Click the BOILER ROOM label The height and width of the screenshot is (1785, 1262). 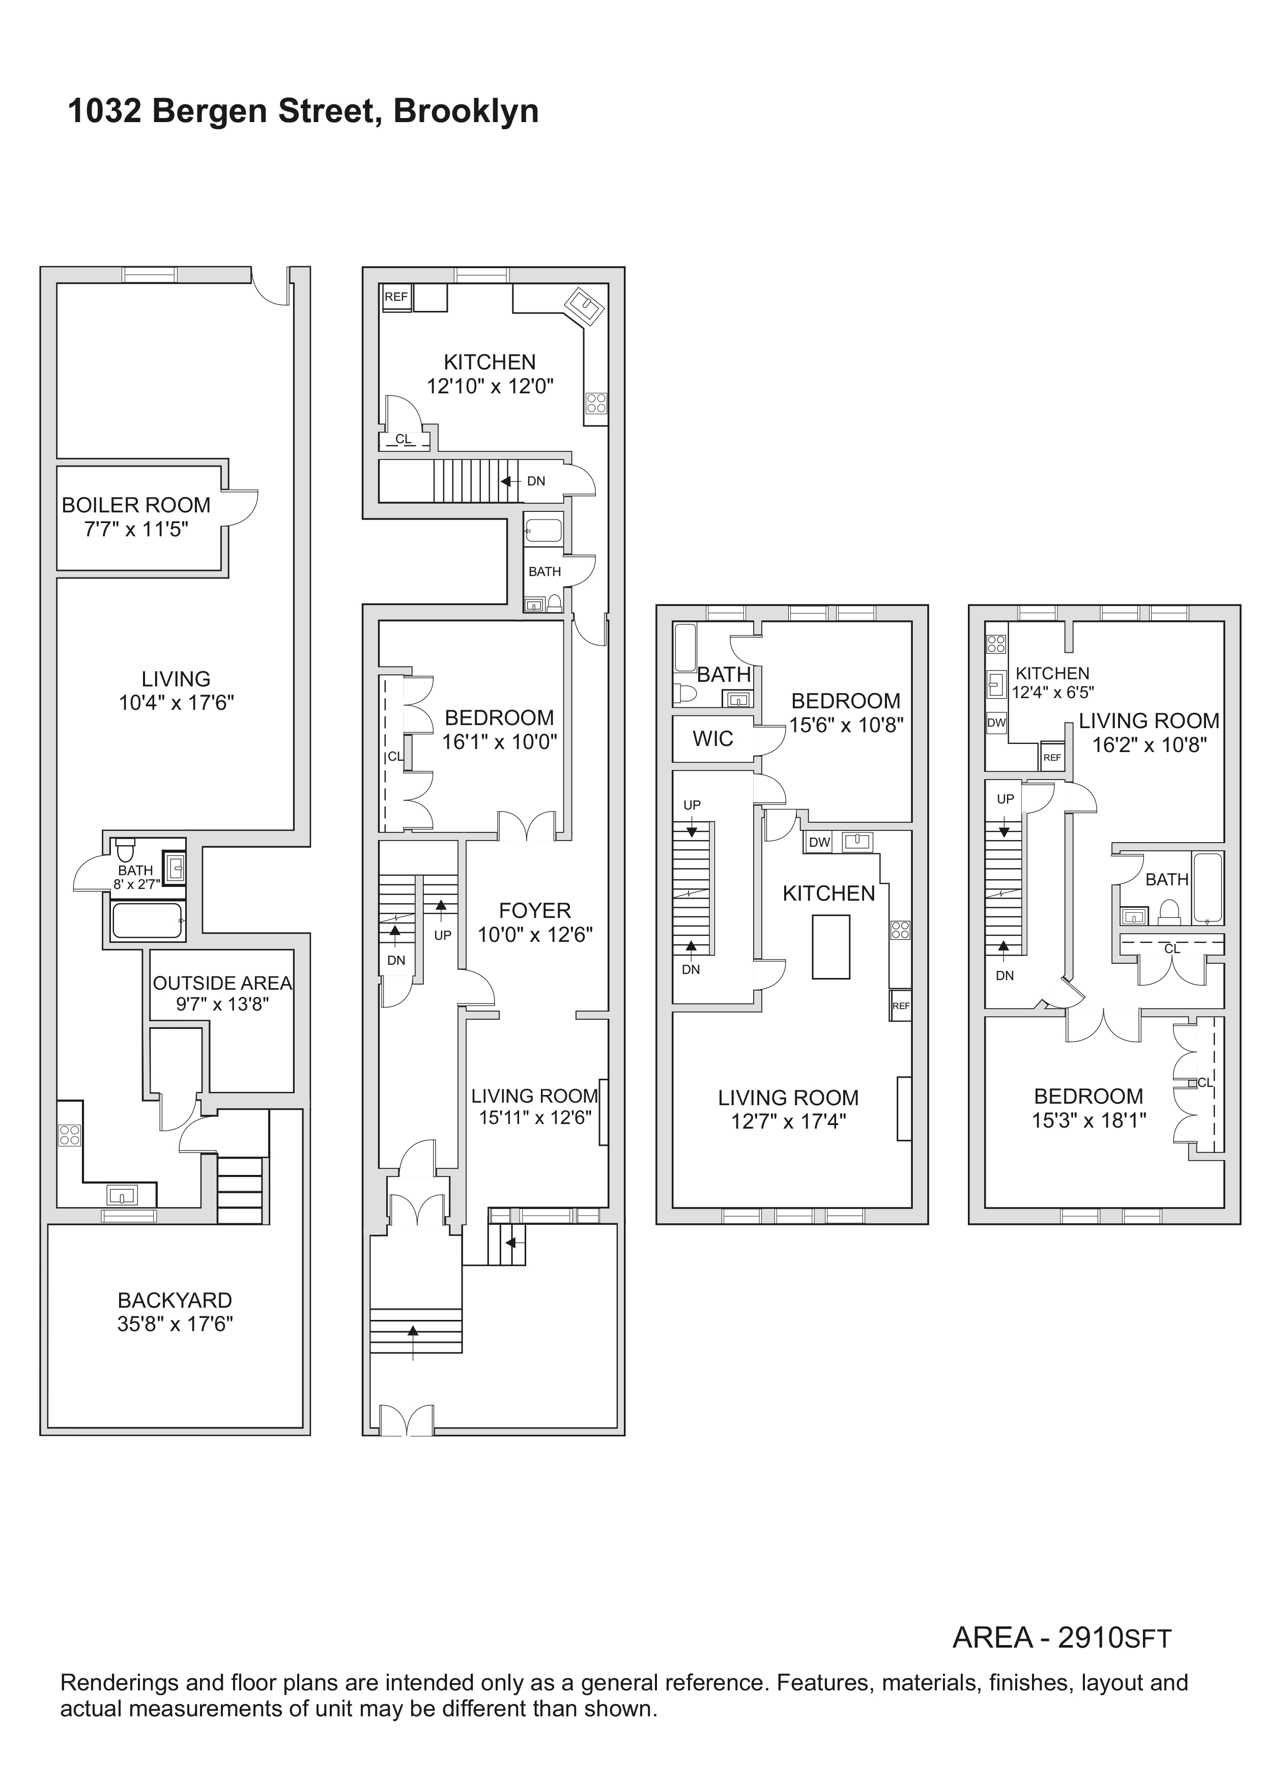click(x=136, y=505)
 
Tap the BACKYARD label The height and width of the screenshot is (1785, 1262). click(x=175, y=1300)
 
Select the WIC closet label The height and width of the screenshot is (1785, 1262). click(x=712, y=738)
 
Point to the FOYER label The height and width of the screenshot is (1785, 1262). click(x=535, y=910)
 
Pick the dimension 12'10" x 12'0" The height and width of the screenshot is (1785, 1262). click(x=490, y=386)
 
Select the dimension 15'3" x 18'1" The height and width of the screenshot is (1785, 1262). click(x=1088, y=1120)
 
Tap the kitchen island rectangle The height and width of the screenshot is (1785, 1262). click(x=830, y=946)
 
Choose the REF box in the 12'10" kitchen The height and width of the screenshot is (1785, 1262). click(x=396, y=297)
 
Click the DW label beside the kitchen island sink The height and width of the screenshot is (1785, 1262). click(x=820, y=842)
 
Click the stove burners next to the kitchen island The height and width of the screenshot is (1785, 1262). click(x=900, y=930)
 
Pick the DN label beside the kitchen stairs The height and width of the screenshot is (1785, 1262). click(x=536, y=481)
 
